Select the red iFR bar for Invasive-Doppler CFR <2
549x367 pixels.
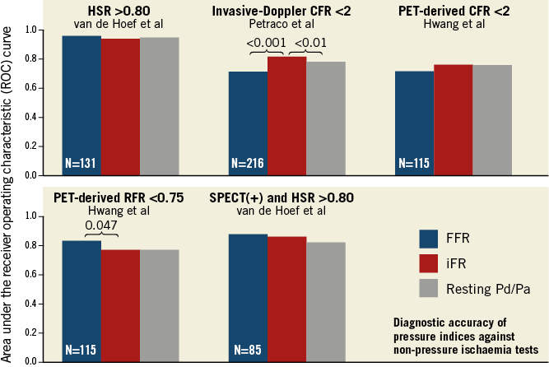tap(286, 115)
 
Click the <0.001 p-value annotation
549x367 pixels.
tap(266, 43)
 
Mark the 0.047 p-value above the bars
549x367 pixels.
tap(100, 225)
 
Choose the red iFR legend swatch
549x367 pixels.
tap(434, 263)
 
